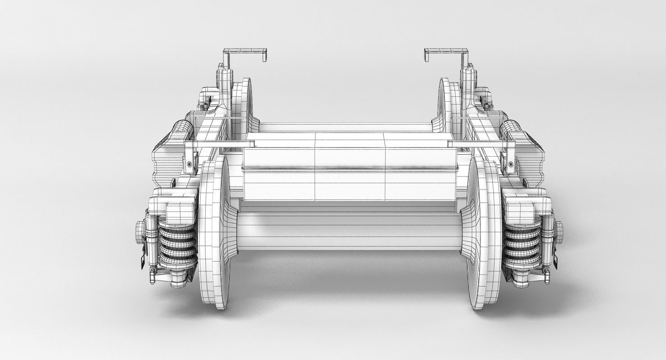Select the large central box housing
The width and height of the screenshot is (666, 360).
coord(349,166)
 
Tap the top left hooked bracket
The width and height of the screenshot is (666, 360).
coord(245,53)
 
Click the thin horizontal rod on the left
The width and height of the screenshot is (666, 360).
coord(220,144)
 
